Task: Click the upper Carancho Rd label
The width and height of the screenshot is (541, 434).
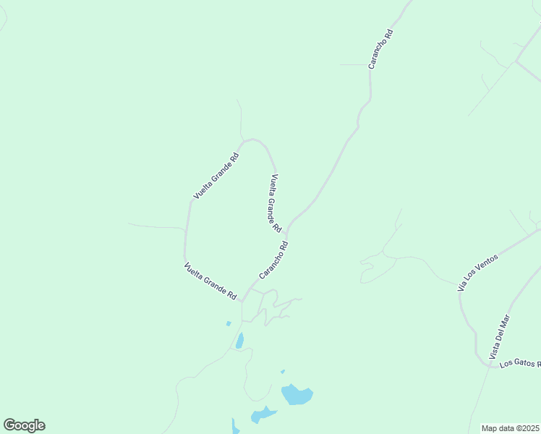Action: coord(380,48)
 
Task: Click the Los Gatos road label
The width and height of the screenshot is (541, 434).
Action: coord(519,362)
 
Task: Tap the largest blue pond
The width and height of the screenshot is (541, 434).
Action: coord(297,395)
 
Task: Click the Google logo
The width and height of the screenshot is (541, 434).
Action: coord(24,425)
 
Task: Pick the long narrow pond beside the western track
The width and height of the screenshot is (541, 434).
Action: coord(239,340)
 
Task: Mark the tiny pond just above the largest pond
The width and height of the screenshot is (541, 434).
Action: coord(283,372)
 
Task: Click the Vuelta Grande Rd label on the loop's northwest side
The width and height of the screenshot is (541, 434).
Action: coord(216,176)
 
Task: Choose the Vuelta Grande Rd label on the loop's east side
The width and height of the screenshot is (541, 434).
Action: coord(276,203)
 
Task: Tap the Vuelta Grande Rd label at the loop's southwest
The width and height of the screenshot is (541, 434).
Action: coord(210,281)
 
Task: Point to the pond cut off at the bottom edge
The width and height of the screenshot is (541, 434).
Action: coord(236,427)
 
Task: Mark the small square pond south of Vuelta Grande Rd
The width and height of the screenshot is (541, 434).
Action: coord(229,323)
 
